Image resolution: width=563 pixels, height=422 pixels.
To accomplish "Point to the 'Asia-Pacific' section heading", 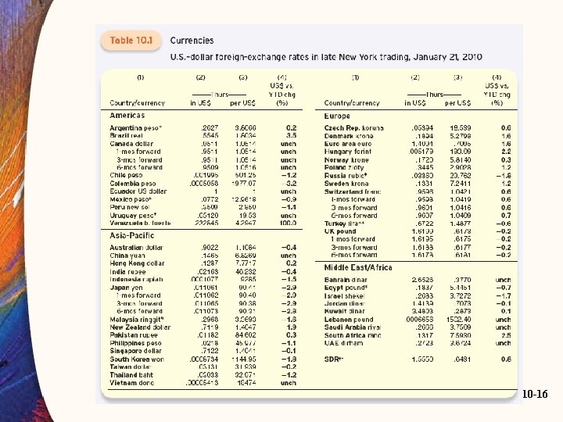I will [x=132, y=213].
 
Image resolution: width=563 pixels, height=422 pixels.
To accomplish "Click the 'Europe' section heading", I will [x=337, y=115].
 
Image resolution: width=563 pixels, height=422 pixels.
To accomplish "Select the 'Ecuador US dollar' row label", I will [x=138, y=191].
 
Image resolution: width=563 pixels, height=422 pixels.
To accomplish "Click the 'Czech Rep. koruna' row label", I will [x=354, y=127].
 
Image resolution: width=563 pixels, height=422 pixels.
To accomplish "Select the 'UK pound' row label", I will [x=340, y=231].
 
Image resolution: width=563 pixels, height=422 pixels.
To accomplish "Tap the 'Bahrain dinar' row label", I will [x=346, y=279].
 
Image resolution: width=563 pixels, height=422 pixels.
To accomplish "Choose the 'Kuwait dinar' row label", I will [x=345, y=311].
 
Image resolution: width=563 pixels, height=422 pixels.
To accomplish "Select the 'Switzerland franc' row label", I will [x=353, y=191].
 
